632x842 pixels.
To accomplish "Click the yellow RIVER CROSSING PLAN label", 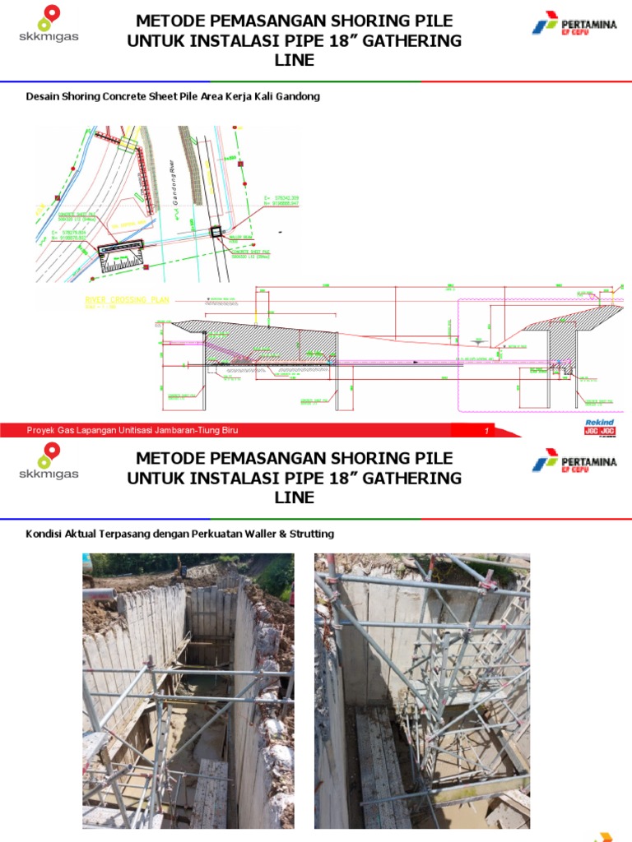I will pyautogui.click(x=128, y=300).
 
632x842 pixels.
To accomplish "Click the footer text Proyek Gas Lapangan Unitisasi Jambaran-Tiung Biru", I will pyautogui.click(x=133, y=430).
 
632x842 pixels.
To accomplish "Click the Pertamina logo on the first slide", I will pyautogui.click(x=574, y=26).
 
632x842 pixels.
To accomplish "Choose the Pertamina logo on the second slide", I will pyautogui.click(x=574, y=462).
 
